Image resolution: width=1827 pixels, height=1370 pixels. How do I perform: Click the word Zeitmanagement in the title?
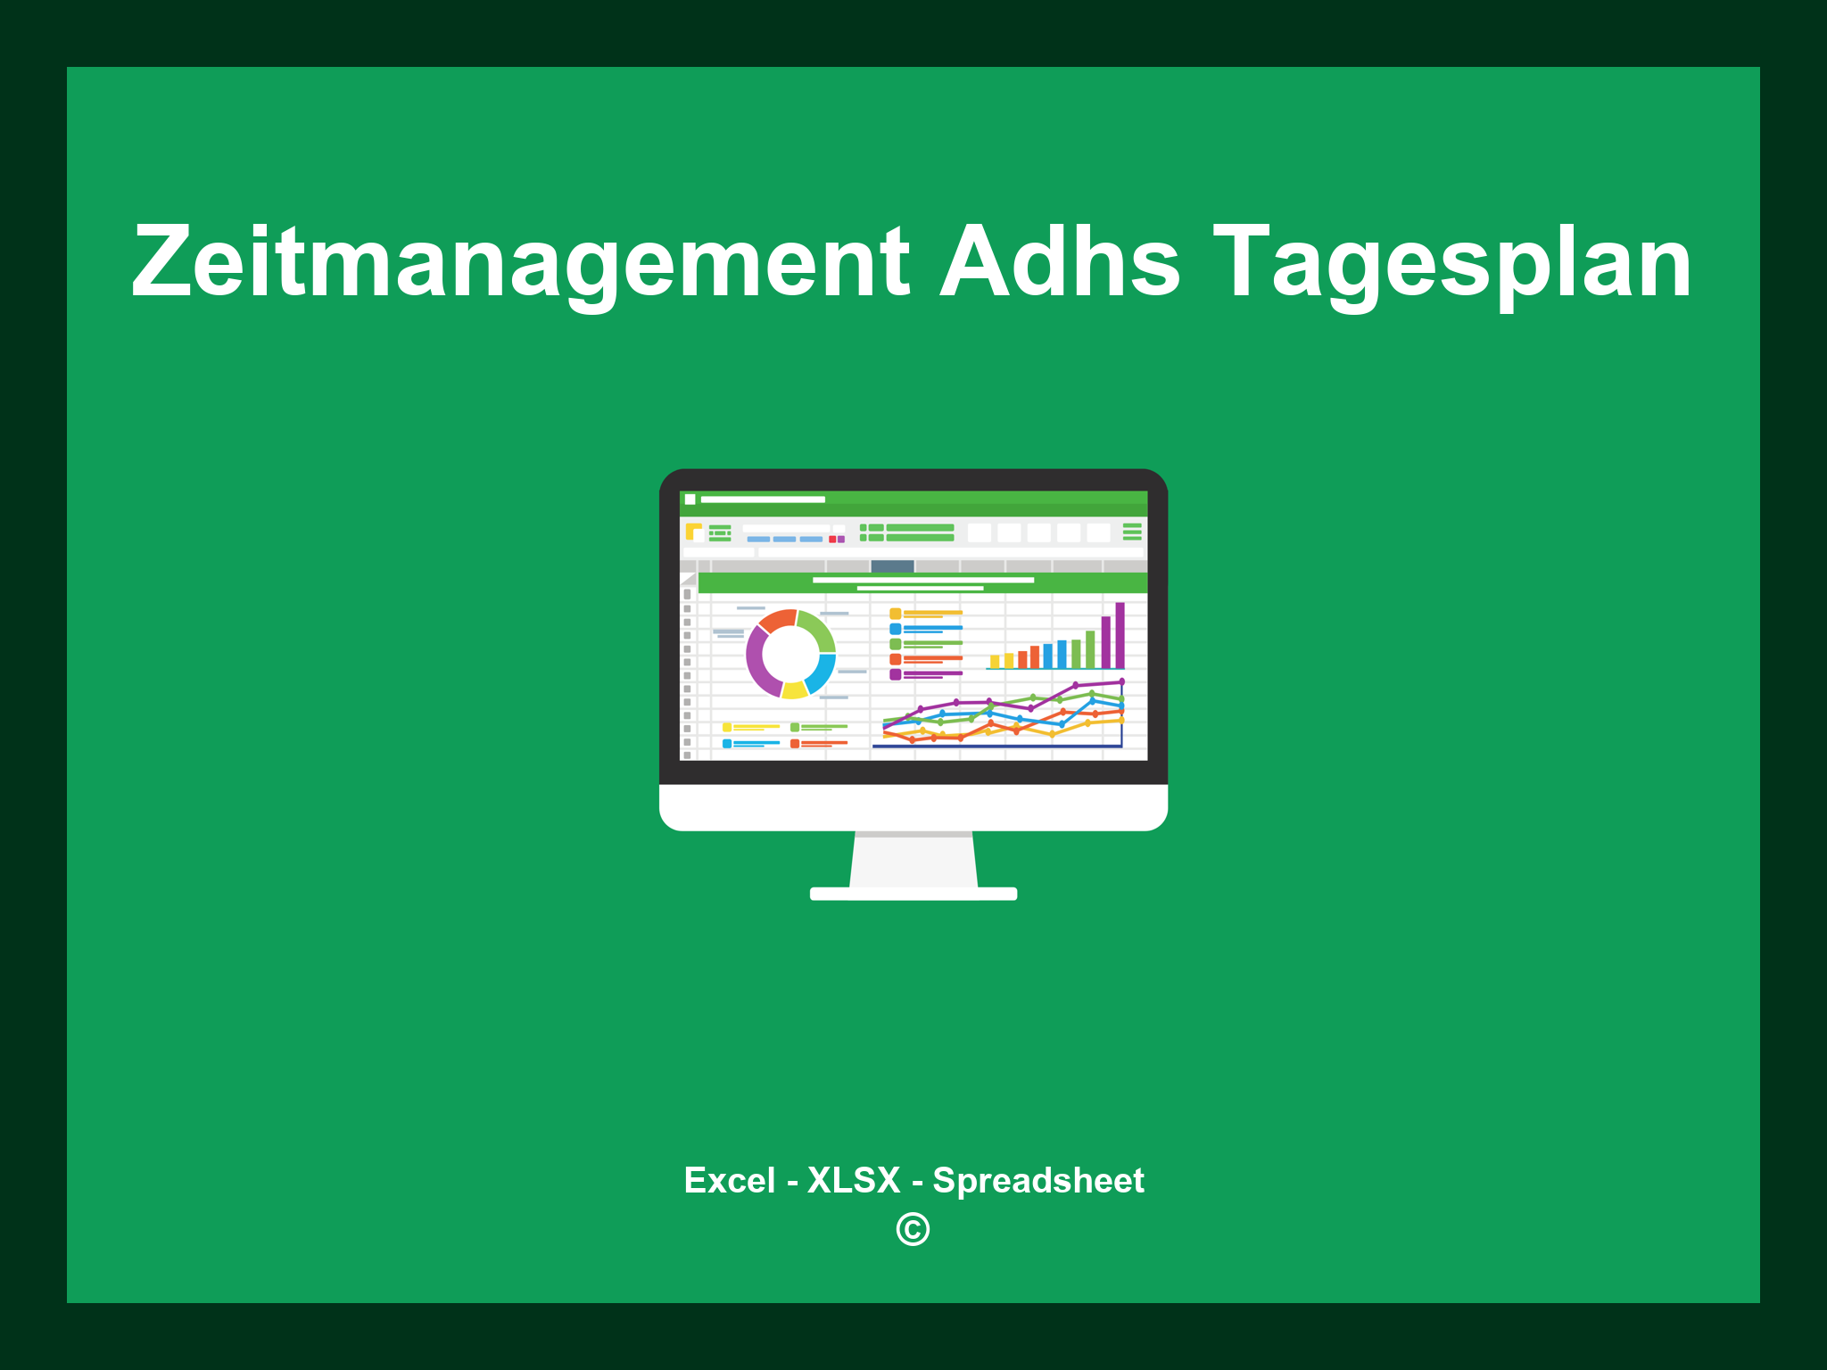click(x=520, y=263)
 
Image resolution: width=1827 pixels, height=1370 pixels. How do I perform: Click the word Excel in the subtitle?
click(x=729, y=1180)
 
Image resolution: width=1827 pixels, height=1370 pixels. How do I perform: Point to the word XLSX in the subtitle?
click(x=854, y=1180)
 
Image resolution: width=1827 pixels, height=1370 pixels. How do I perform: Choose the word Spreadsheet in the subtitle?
click(x=1038, y=1180)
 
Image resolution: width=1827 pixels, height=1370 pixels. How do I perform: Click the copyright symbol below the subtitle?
click(x=913, y=1229)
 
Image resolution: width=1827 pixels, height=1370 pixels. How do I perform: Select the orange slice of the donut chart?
click(x=777, y=620)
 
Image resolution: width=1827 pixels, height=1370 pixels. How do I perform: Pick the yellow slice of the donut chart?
click(x=794, y=689)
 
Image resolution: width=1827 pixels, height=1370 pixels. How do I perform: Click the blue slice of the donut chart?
click(x=822, y=673)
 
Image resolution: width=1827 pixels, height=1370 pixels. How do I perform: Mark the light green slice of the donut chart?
click(x=817, y=628)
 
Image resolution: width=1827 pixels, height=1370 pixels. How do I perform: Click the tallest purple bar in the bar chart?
click(x=1120, y=635)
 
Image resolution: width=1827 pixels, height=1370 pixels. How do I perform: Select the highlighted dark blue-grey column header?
click(x=892, y=566)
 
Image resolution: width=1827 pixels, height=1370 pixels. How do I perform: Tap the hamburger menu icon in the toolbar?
click(x=1132, y=532)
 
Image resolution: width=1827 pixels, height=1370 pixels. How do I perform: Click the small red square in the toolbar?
click(x=832, y=540)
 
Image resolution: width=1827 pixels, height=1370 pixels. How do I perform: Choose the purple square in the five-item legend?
click(x=895, y=674)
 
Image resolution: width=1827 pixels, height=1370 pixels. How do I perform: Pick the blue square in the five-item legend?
click(x=895, y=629)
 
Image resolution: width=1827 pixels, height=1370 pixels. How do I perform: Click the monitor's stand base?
click(x=913, y=894)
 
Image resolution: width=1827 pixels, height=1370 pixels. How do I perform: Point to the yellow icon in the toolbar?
click(x=693, y=532)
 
